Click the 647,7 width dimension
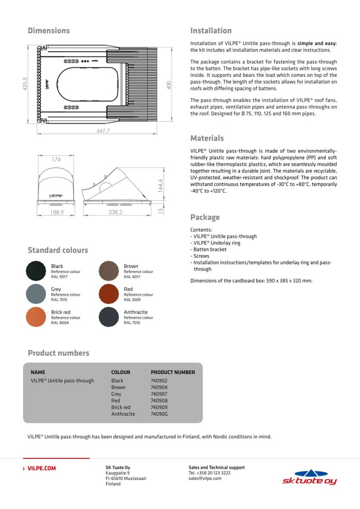[103, 131]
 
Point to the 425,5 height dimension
[25, 84]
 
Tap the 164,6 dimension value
[160, 186]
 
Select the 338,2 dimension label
[115, 212]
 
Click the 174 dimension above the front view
[56, 159]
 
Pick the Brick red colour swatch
[36, 317]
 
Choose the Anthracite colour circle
[109, 317]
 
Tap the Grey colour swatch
[36, 294]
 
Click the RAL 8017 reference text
[132, 277]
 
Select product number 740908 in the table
[159, 400]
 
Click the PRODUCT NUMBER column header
[173, 372]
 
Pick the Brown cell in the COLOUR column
[118, 387]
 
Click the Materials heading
[207, 138]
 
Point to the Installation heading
[211, 31]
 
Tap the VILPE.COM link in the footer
[41, 468]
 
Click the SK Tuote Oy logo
[309, 477]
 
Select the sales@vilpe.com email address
[205, 478]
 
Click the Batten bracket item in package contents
[210, 249]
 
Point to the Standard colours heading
[58, 250]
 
